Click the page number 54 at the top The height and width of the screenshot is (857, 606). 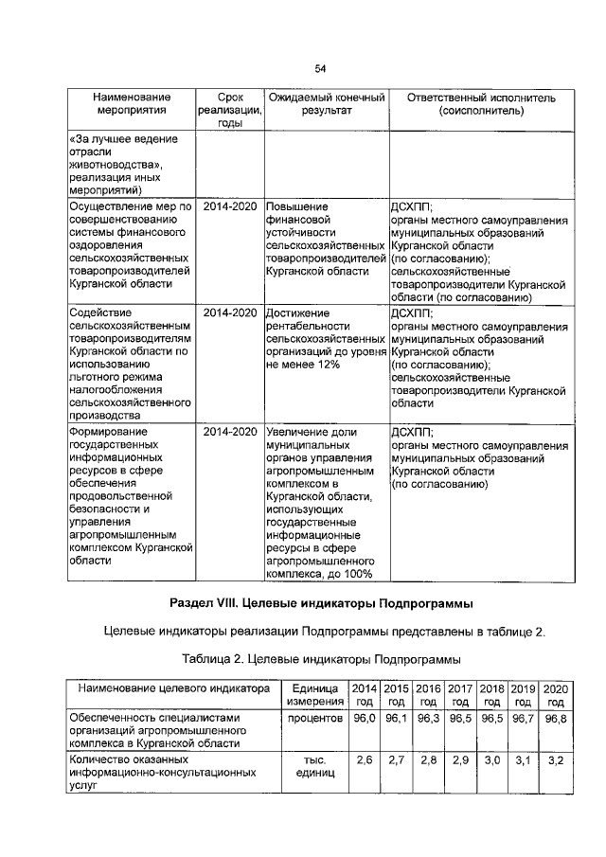pyautogui.click(x=320, y=68)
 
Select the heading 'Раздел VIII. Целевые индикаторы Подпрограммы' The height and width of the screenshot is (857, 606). pyautogui.click(x=320, y=603)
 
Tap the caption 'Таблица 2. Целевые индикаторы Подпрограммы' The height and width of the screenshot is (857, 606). pyautogui.click(x=320, y=658)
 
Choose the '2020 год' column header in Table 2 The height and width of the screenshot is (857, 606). pyautogui.click(x=556, y=695)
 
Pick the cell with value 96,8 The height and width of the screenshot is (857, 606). pyautogui.click(x=556, y=720)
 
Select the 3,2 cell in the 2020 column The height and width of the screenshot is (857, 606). pyautogui.click(x=556, y=760)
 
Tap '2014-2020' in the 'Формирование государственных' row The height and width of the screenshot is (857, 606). pyautogui.click(x=230, y=432)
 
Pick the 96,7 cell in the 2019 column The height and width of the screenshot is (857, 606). pyautogui.click(x=524, y=720)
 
